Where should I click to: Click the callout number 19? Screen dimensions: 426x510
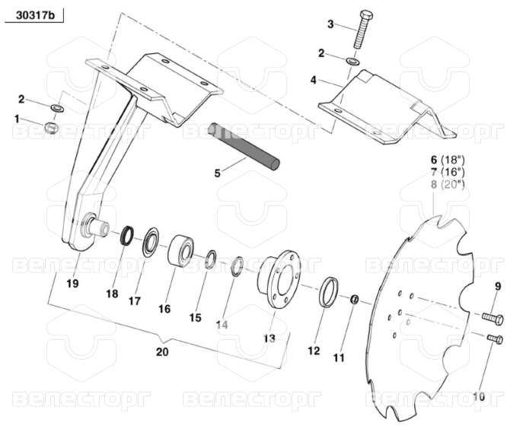coord(72,285)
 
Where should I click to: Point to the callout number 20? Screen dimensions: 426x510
coord(161,352)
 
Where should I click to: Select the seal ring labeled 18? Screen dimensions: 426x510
coord(127,235)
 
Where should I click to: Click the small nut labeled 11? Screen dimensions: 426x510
coord(355,300)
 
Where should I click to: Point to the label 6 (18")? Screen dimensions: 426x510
coord(448,161)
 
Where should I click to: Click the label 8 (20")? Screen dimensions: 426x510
coord(448,185)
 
